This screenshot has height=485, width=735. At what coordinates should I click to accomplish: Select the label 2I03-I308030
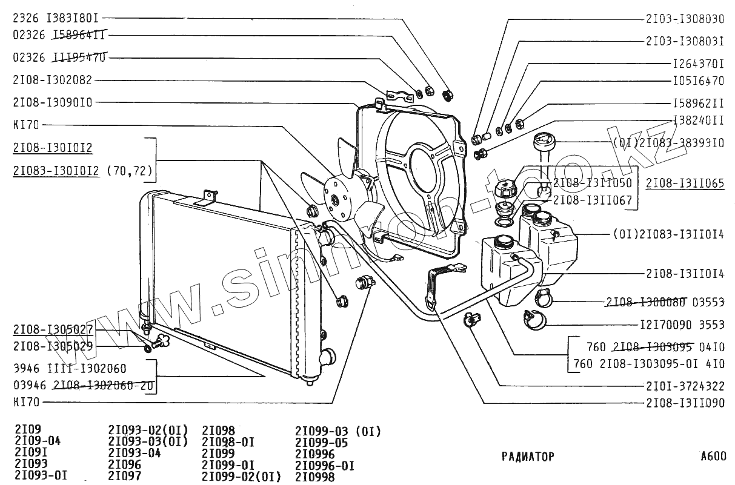pos(685,19)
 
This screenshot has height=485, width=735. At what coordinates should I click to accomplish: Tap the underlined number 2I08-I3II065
pos(685,183)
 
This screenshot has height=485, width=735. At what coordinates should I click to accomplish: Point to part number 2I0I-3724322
pos(685,385)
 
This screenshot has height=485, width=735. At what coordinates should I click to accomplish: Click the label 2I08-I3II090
pos(685,402)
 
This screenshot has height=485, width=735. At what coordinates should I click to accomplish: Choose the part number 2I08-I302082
pos(52,80)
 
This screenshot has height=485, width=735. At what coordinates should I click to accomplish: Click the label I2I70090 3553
pos(682,325)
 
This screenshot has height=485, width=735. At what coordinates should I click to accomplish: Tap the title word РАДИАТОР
pos(528,457)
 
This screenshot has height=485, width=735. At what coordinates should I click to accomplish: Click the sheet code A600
pos(713,457)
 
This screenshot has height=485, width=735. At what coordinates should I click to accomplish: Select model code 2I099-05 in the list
pos(321,443)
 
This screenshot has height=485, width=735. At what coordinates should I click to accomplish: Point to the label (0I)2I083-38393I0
pos(668,144)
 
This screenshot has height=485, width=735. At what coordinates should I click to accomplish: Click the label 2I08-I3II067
pos(593,200)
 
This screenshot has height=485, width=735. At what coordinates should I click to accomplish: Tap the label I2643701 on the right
pos(698,63)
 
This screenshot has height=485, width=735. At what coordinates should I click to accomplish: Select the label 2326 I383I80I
pos(55,19)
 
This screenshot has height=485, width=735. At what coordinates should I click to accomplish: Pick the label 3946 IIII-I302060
pos(70,368)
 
